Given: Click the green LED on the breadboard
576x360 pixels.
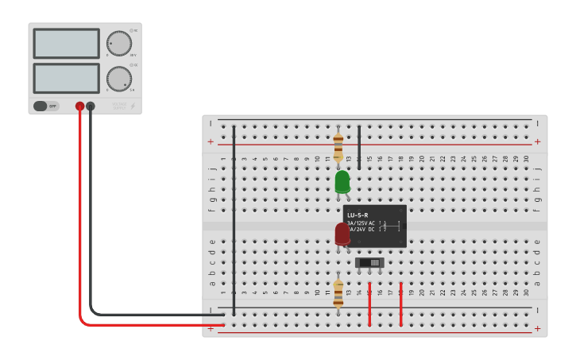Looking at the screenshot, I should [342, 181].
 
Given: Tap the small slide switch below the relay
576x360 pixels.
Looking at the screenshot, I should [369, 262].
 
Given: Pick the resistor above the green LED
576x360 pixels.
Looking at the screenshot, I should [338, 147].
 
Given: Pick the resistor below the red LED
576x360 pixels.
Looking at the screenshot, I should [338, 293].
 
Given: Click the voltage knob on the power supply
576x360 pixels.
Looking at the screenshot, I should [118, 44].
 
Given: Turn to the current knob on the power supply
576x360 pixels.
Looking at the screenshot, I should [118, 78].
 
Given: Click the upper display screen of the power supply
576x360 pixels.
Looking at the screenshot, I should [67, 44].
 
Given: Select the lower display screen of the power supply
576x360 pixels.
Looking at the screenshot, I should [67, 78].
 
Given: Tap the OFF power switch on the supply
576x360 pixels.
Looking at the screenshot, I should [46, 106].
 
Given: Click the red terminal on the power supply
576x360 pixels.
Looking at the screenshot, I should [79, 106].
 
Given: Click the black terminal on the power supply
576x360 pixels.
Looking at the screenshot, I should [91, 106].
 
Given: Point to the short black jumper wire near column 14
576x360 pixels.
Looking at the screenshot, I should [359, 147].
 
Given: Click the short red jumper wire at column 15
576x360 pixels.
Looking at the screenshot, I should [369, 304].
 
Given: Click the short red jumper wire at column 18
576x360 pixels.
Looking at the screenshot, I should [400, 304].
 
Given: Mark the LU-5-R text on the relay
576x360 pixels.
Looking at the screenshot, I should [358, 215].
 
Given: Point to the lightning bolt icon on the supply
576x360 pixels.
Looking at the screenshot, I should [133, 106].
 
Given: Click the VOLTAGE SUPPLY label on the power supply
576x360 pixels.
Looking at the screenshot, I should [118, 105].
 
